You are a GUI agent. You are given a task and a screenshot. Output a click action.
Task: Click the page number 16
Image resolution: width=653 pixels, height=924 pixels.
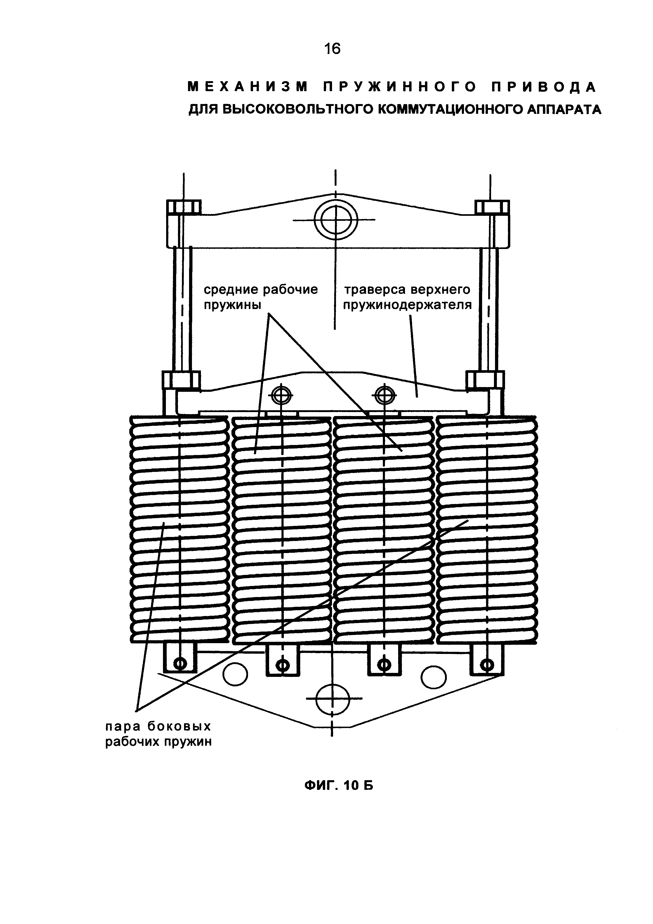[332, 49]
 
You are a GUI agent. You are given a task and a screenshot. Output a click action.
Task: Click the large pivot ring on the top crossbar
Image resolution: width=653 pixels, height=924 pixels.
[336, 220]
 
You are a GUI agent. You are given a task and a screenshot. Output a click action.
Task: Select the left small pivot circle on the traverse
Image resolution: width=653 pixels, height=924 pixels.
[281, 395]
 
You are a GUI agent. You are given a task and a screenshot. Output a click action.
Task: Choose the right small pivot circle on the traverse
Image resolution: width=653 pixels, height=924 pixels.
[385, 395]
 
